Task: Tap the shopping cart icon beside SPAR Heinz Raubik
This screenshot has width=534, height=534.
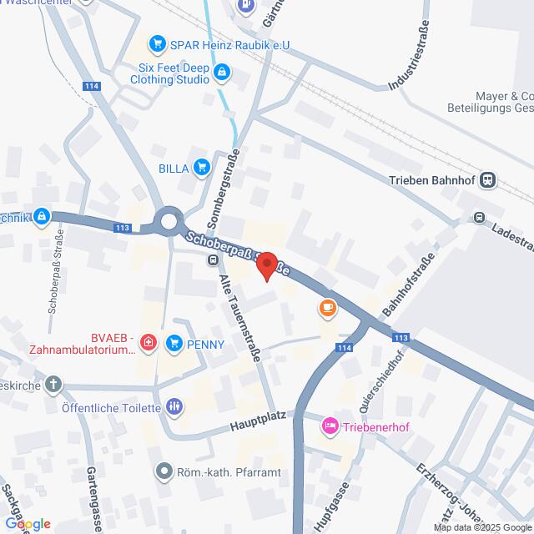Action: point(155,43)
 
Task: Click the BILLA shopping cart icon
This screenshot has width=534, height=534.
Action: point(200,168)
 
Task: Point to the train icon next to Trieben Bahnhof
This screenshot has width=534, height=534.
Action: point(489,179)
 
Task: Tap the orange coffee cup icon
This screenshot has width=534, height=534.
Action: point(327,309)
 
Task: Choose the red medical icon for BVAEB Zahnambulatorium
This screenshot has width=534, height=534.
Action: point(148,342)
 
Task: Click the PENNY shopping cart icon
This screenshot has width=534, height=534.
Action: point(174,342)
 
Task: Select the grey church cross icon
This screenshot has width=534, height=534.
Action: point(53,385)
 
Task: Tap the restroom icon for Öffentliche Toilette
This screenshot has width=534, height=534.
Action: point(174,407)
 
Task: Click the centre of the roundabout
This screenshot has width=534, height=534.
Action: point(170,222)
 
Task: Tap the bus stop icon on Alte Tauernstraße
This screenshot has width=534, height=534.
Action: point(213,260)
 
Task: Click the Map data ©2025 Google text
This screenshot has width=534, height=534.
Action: point(481,527)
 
